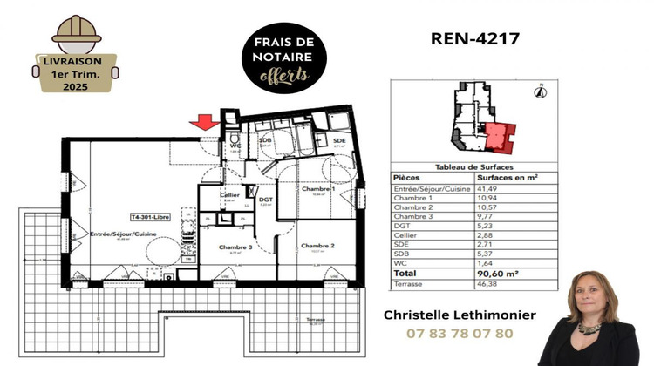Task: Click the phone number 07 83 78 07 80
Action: click(x=460, y=334)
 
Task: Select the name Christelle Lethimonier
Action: click(x=460, y=315)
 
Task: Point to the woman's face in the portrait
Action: click(x=587, y=296)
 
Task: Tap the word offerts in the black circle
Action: click(x=284, y=77)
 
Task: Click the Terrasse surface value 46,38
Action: click(x=487, y=284)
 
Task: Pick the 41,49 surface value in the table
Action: click(x=487, y=188)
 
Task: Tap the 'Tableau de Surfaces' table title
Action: click(x=473, y=166)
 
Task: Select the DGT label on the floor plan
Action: click(x=267, y=200)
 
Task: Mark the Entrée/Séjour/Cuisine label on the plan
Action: click(x=124, y=234)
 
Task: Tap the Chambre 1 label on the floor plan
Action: click(x=319, y=189)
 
